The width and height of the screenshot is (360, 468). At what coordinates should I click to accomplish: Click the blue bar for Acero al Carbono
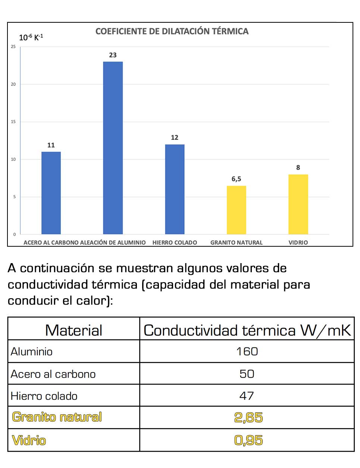51,193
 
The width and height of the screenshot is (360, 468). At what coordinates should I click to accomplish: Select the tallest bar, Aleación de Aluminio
113,148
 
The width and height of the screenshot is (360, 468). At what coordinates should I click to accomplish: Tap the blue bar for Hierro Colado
175,189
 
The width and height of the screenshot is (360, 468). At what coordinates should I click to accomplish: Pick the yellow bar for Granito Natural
237,210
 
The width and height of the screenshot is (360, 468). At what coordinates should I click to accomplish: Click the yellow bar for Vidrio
298,204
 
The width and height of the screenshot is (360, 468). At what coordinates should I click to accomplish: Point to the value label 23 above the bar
113,55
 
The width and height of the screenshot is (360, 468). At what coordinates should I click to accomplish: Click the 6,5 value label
237,179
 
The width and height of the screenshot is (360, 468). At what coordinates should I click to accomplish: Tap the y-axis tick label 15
13,122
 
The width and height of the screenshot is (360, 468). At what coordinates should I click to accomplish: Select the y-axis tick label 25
13,47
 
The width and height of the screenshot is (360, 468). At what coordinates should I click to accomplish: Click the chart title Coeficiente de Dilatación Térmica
172,31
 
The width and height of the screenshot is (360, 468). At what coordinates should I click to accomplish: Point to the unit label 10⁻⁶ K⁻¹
31,37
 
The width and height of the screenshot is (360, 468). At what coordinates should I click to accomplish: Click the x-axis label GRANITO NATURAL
237,243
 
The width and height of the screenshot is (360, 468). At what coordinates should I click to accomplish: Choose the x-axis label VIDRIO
298,243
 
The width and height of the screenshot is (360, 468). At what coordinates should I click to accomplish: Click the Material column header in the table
73,330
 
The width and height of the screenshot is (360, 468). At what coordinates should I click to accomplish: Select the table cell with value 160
247,352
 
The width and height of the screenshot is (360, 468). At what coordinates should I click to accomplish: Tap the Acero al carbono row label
53,374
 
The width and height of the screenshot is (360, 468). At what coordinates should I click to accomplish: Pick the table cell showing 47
247,396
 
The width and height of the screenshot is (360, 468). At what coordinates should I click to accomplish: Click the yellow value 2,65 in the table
248,417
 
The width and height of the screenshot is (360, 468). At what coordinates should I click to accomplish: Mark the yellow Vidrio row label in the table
29,440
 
